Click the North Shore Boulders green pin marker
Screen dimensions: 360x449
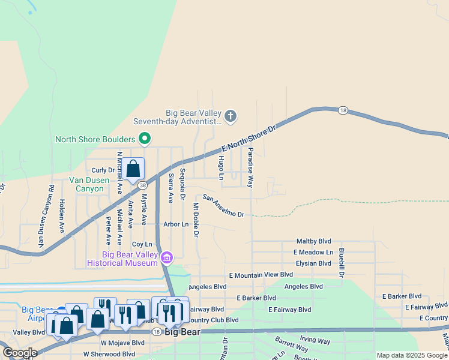(x=144, y=139)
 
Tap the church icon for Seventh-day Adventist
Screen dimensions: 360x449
(x=231, y=115)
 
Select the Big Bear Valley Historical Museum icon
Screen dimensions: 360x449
(x=167, y=258)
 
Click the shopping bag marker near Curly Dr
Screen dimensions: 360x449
(x=133, y=170)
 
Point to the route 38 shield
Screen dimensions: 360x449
(x=142, y=185)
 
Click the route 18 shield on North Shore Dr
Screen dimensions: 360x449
(x=343, y=110)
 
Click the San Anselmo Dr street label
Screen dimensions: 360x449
(x=223, y=206)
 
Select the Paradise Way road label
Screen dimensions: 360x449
(x=251, y=167)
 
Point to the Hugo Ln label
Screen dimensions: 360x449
(x=221, y=167)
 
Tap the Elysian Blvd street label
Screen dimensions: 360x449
(x=313, y=263)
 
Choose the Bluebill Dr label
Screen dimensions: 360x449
(x=341, y=262)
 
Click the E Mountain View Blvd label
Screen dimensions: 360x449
(x=261, y=275)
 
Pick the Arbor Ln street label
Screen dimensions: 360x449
(x=176, y=224)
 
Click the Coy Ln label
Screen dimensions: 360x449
(x=142, y=244)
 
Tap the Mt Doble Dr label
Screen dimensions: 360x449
(x=196, y=220)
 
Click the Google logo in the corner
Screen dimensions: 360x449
(x=19, y=353)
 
